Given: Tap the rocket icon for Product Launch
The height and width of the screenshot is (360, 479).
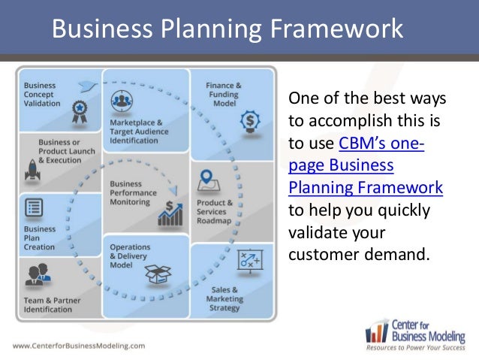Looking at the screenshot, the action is click(x=32, y=174).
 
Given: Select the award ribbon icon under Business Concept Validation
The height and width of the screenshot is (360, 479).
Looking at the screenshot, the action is click(x=77, y=111).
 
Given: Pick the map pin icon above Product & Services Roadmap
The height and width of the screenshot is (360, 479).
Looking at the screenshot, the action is click(x=208, y=181).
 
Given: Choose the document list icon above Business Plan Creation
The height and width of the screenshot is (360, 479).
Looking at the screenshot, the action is click(x=34, y=207).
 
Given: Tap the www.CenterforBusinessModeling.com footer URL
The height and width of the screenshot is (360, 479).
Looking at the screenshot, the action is click(x=78, y=346).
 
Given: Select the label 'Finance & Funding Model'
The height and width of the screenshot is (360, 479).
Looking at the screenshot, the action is click(x=224, y=95).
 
